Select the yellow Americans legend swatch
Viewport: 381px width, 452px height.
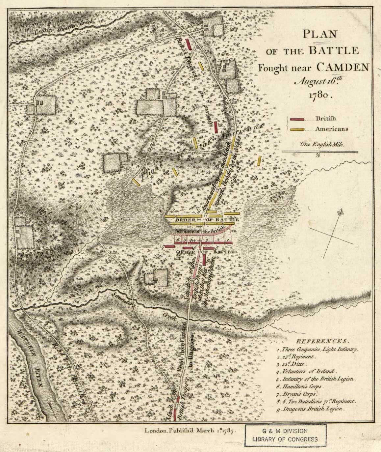click(x=297, y=129)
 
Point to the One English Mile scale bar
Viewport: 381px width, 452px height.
click(x=319, y=152)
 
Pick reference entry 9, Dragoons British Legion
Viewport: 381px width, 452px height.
click(x=311, y=409)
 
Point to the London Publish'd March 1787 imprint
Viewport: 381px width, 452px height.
click(x=189, y=431)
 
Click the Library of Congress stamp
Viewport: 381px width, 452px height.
click(x=285, y=435)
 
